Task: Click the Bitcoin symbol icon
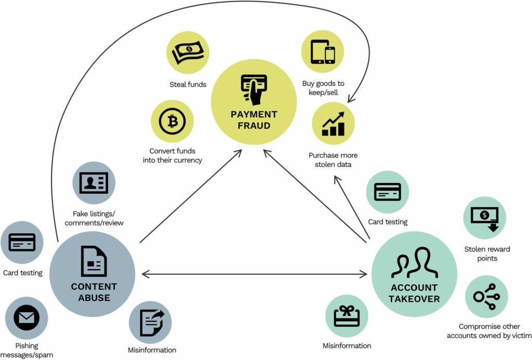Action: click(x=172, y=122)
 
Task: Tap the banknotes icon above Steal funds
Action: click(x=188, y=52)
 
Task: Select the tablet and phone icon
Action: click(x=323, y=51)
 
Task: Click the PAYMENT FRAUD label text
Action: click(x=254, y=119)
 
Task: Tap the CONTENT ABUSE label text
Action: click(x=94, y=292)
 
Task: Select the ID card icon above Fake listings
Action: click(x=94, y=183)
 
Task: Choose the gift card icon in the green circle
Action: click(x=347, y=316)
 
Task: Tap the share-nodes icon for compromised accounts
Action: click(x=486, y=297)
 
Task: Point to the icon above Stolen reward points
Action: click(x=484, y=218)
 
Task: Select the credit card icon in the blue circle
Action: click(x=22, y=242)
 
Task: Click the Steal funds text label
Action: click(x=188, y=84)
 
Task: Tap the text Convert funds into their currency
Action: click(x=172, y=155)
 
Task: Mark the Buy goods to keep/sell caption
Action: click(x=323, y=88)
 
